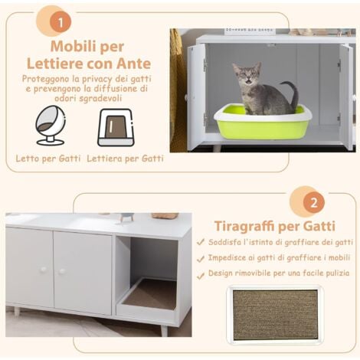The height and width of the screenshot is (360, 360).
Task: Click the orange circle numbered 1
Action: (x=61, y=22)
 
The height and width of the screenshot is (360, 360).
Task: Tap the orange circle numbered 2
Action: (x=314, y=203)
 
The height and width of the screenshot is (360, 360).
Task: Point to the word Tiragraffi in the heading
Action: (x=244, y=226)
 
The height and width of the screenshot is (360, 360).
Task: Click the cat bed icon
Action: (x=51, y=126)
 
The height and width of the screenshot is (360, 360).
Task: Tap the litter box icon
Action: (x=116, y=127)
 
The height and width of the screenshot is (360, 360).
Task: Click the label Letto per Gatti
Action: (x=48, y=159)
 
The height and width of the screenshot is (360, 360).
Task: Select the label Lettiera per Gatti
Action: (x=125, y=159)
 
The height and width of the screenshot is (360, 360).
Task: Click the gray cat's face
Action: (x=247, y=74)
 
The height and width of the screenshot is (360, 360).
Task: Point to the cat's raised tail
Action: (x=291, y=93)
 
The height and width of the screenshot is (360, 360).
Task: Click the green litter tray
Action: (x=263, y=122)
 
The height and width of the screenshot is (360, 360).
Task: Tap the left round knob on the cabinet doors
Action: (x=44, y=270)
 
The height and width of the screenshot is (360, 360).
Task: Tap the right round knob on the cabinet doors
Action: (x=61, y=271)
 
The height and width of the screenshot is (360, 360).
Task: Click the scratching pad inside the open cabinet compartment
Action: (x=149, y=294)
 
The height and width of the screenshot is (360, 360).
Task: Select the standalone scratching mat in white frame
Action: (x=275, y=315)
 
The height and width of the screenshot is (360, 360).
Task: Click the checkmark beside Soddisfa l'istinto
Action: (x=201, y=242)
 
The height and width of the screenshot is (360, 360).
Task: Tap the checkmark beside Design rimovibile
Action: (x=201, y=276)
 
